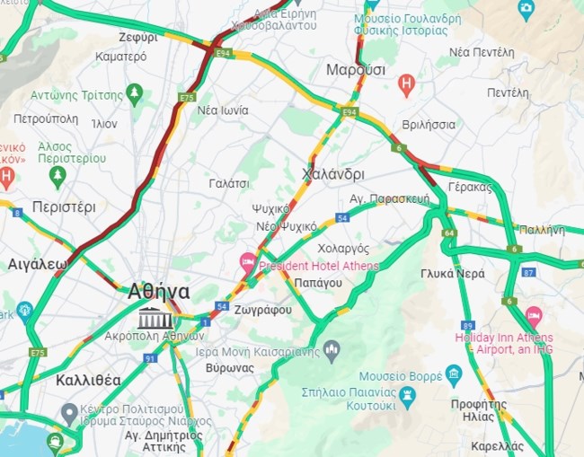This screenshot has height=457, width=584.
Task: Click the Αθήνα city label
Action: pos(159,292)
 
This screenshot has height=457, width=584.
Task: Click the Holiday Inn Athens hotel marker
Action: pos(534,316)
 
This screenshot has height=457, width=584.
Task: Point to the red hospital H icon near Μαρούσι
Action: pos(406,85)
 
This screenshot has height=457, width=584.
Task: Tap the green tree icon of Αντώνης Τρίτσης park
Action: pos(135,93)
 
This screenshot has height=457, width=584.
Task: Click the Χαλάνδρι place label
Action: pos(333,174)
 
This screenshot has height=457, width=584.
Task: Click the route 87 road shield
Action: pos(528,272)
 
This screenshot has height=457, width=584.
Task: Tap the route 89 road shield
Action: pos(468,325)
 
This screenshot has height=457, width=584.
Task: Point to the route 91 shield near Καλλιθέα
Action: pos(150,358)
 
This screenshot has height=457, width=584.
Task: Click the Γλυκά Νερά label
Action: pos(453,273)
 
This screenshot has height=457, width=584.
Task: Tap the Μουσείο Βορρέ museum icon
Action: pos(453,374)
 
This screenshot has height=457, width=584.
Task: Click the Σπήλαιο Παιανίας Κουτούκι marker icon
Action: pos(408,394)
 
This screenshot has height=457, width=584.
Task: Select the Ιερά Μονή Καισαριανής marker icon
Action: pos(331,348)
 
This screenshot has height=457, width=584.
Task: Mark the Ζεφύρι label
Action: pos(138,38)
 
